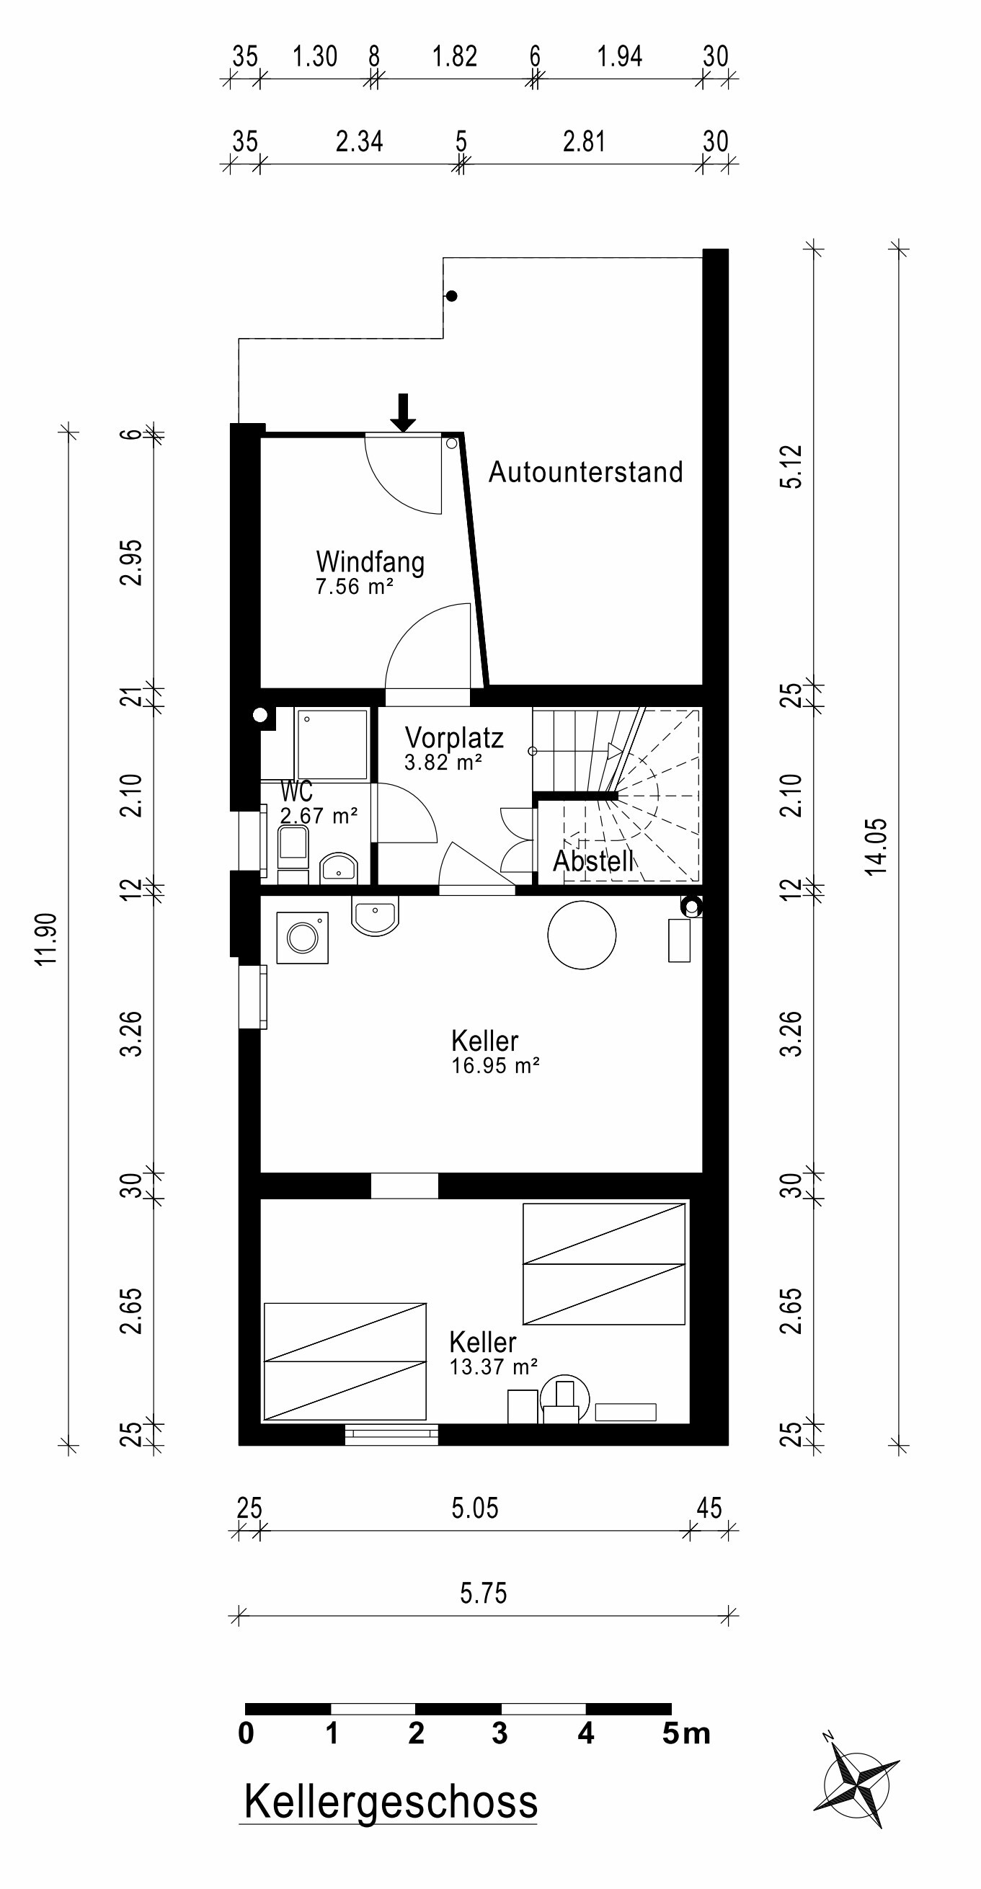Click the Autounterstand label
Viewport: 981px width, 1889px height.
click(585, 471)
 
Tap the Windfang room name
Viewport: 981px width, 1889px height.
click(370, 562)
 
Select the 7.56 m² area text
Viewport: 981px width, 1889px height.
click(355, 587)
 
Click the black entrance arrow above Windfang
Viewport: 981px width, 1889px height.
click(402, 413)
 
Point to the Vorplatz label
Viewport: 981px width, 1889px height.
click(454, 738)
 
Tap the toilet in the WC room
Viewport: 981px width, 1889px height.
click(293, 854)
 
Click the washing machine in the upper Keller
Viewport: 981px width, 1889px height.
click(302, 937)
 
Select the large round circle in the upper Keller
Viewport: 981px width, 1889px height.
click(582, 935)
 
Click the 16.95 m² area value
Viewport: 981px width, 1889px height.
click(496, 1065)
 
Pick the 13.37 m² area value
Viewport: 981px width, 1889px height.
click(494, 1367)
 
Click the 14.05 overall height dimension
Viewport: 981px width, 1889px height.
click(876, 847)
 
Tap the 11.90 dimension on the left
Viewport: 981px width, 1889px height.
click(46, 939)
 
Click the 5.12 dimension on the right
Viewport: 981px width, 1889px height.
click(792, 466)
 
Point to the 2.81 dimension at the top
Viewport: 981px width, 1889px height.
click(585, 141)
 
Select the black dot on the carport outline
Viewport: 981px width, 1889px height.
click(453, 296)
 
